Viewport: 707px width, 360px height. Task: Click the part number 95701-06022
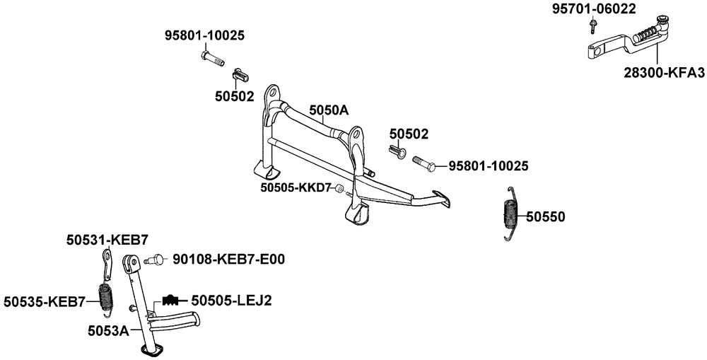pos(594,9)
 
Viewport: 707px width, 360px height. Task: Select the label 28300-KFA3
pos(665,73)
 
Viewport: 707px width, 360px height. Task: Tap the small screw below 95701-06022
pos(592,25)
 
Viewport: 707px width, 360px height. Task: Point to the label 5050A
pos(329,110)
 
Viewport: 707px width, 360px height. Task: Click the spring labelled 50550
pos(510,213)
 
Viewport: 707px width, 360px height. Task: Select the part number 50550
pos(546,217)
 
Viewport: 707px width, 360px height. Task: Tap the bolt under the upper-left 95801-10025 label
pos(212,58)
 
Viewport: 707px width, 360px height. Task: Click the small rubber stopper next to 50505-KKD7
pos(339,189)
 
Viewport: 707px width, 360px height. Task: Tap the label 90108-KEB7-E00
pos(228,260)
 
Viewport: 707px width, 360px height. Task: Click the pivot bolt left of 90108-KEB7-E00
pos(155,260)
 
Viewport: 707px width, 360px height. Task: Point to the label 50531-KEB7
pos(107,240)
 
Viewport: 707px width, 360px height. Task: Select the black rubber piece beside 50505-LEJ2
pos(171,298)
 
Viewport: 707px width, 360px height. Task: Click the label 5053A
pos(107,331)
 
